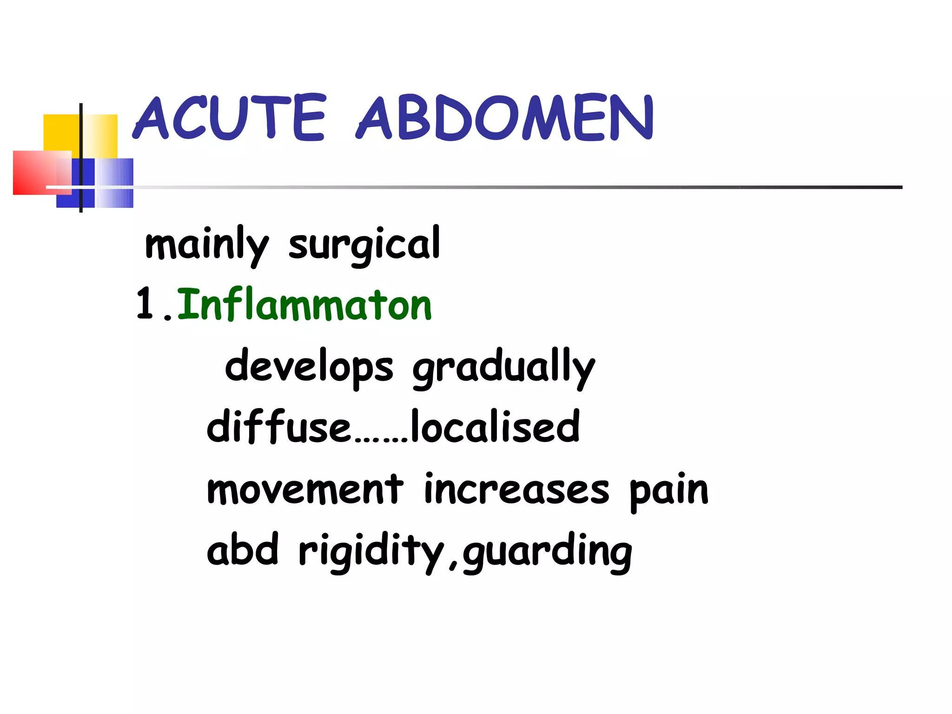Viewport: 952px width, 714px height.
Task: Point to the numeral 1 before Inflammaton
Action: pyautogui.click(x=145, y=304)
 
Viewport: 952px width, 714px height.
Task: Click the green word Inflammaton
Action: pyautogui.click(x=304, y=305)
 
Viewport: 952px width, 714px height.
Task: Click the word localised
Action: pyautogui.click(x=496, y=427)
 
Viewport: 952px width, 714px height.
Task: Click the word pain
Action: pyautogui.click(x=669, y=490)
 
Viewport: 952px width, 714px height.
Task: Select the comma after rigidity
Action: pyautogui.click(x=453, y=565)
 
